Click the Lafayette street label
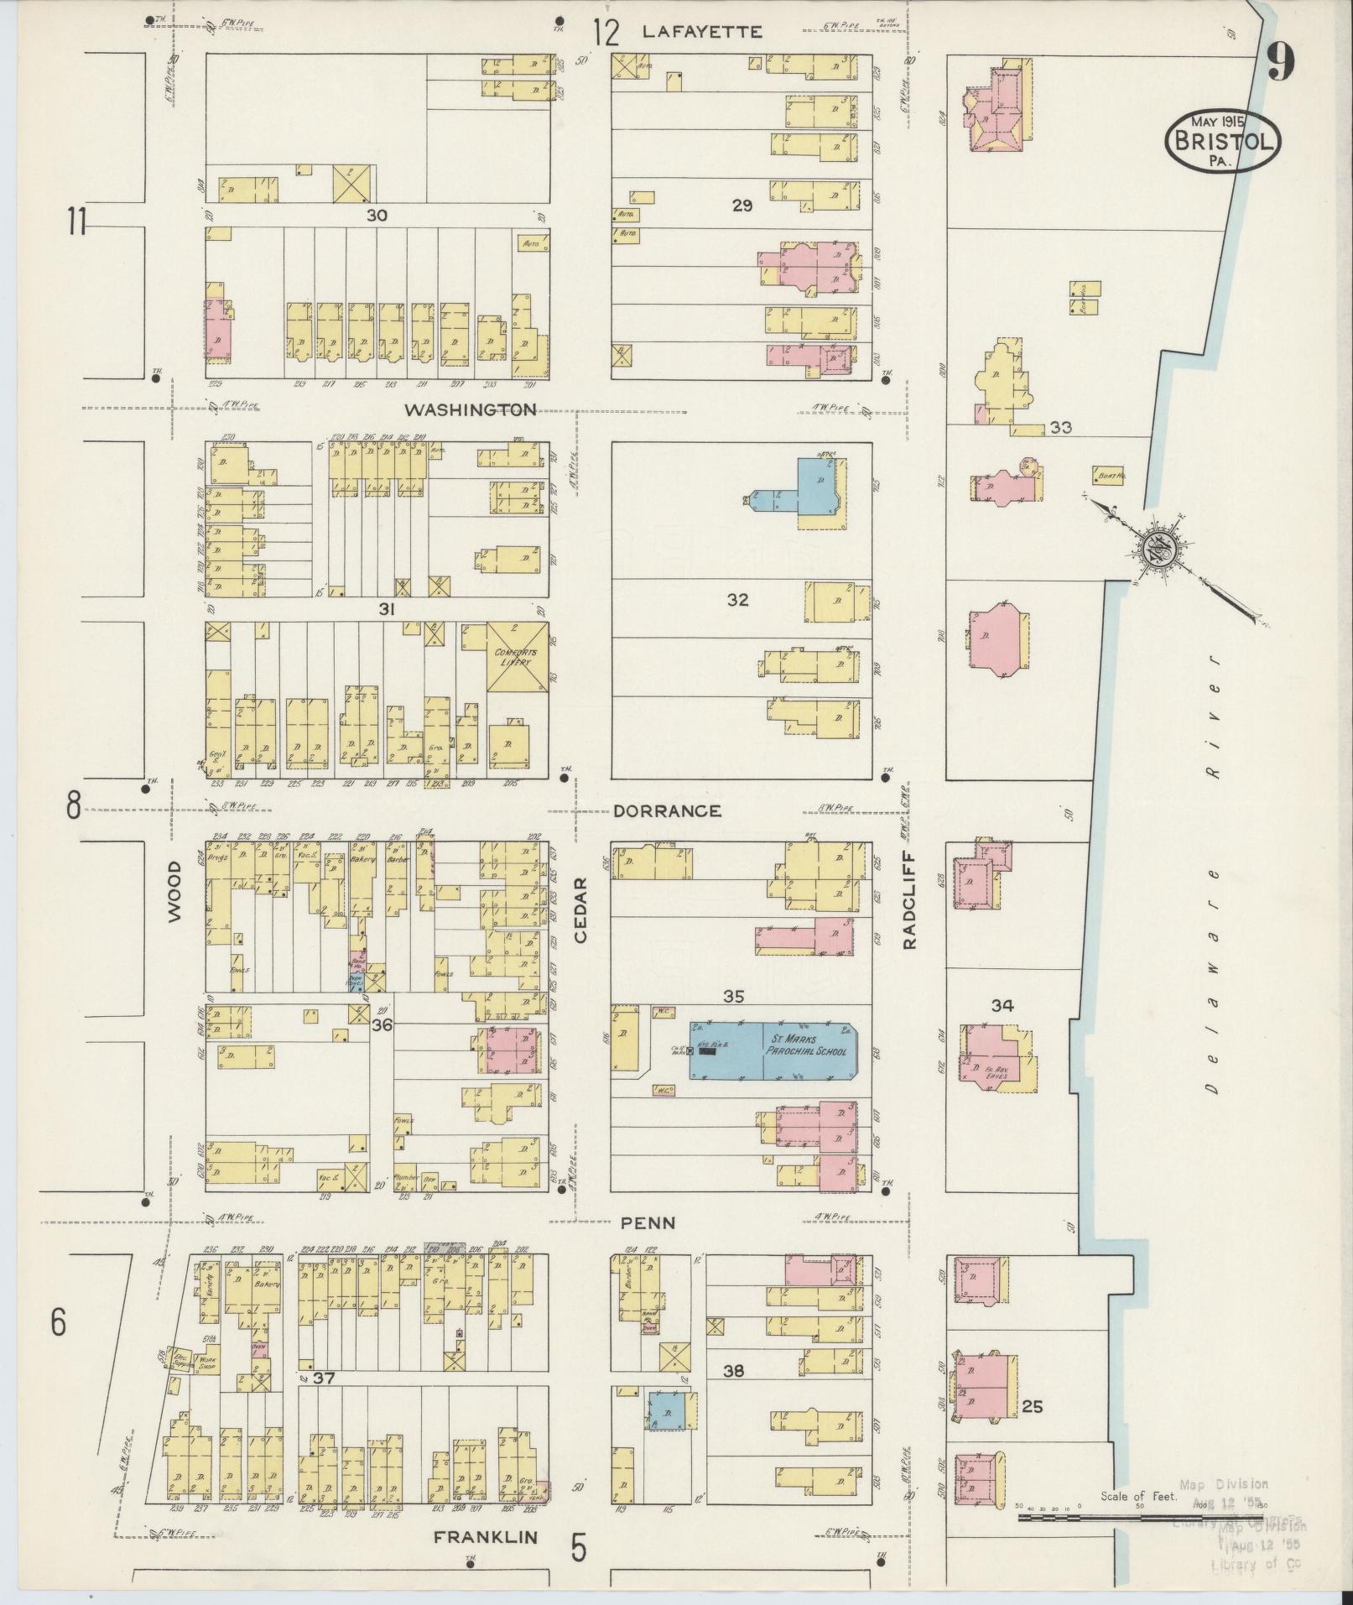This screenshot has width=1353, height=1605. tap(702, 32)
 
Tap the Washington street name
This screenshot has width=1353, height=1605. tap(471, 410)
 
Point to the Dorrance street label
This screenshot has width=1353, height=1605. tap(667, 811)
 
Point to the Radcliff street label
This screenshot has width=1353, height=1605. tap(909, 909)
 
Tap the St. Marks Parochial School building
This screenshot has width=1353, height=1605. tap(772, 1050)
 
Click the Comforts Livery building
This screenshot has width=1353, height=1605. tap(518, 657)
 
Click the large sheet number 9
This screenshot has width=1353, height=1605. tap(1280, 62)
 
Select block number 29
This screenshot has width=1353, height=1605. tap(742, 205)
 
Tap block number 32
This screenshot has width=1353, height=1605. tap(738, 600)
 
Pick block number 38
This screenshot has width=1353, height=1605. tap(734, 1371)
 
